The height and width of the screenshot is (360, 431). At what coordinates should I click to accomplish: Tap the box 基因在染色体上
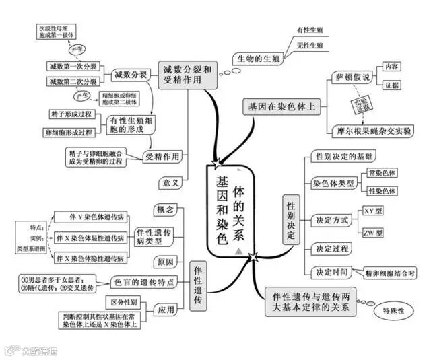[x=281, y=106]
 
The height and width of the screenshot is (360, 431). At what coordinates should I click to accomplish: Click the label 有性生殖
[x=310, y=30]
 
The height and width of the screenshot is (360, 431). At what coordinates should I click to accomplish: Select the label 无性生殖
[x=310, y=46]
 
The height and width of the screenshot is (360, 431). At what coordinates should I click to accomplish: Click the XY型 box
[x=373, y=211]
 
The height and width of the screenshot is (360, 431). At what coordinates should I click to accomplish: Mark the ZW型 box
[x=373, y=233]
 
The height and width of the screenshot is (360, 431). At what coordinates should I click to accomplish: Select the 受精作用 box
[x=162, y=157]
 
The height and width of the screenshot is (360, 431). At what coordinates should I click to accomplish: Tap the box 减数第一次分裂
[x=73, y=66]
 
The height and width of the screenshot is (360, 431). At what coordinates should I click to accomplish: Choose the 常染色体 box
[x=383, y=173]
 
